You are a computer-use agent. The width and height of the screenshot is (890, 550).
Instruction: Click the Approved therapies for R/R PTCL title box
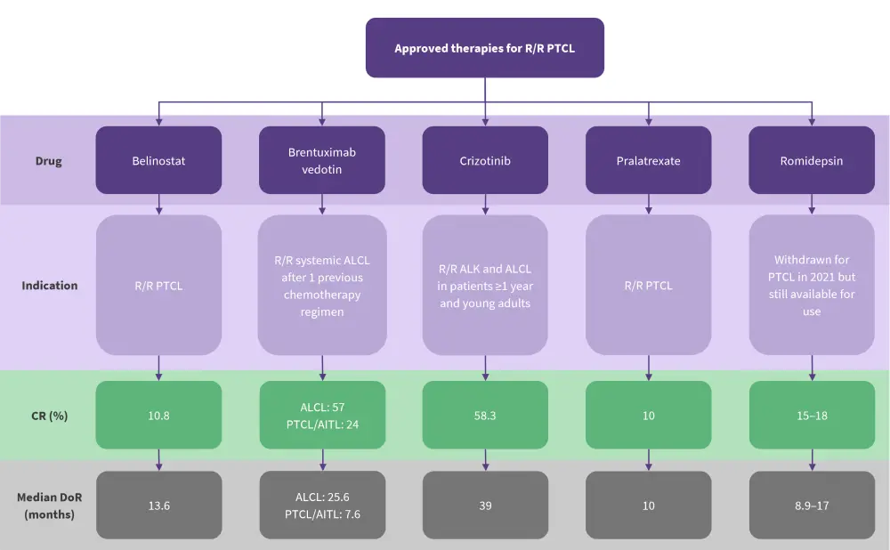tap(485, 48)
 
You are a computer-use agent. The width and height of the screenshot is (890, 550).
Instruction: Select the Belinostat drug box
tap(158, 160)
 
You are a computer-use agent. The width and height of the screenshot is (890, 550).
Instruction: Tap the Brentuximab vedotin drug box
tap(322, 160)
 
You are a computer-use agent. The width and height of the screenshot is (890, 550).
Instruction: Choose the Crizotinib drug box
tap(485, 160)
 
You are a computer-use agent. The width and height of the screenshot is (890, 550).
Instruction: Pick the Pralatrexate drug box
tap(648, 160)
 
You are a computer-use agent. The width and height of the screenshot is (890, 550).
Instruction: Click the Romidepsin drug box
tap(812, 160)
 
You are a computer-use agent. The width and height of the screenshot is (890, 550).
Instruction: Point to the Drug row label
tap(50, 161)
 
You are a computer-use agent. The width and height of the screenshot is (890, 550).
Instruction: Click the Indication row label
tap(50, 286)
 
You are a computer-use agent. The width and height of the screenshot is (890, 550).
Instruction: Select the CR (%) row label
tap(50, 415)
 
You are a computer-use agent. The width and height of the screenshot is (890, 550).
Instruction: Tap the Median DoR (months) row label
tap(50, 506)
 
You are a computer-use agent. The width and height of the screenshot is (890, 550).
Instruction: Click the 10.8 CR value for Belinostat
tap(158, 415)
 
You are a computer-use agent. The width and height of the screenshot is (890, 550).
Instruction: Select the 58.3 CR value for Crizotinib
tap(485, 415)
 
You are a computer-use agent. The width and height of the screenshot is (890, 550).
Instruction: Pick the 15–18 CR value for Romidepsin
tap(812, 415)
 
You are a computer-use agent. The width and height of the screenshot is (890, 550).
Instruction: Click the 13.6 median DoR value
tap(158, 506)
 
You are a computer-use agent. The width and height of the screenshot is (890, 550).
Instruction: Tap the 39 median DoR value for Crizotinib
tap(485, 506)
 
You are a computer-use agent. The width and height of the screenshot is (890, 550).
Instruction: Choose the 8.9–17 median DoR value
tap(812, 506)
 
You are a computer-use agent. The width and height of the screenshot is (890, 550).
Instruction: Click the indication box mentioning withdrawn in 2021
tap(812, 286)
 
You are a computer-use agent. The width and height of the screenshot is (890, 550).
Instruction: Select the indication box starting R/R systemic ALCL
tap(322, 286)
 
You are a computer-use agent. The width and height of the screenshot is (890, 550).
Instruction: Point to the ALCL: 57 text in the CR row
tap(322, 407)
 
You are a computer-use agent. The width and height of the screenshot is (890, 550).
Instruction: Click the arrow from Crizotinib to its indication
tap(485, 205)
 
